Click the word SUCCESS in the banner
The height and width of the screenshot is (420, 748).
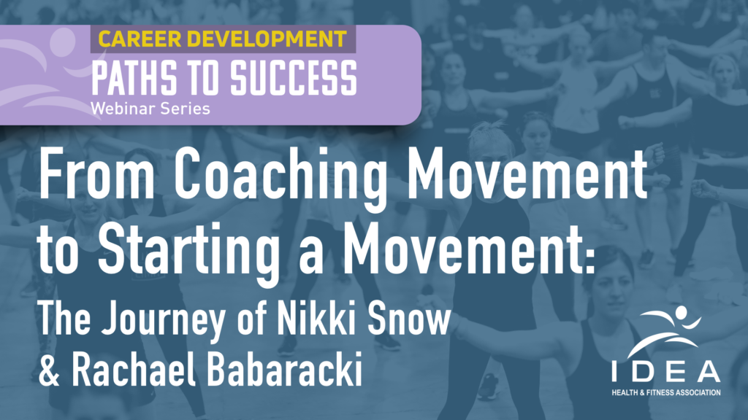pos(294,78)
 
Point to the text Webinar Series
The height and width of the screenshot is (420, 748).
pos(150,109)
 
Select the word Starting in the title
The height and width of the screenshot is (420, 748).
pos(189,249)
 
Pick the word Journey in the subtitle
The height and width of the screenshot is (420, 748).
pos(164,319)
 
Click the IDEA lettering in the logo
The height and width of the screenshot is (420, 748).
pos(666,371)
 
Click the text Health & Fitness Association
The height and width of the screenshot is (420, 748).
pos(666,393)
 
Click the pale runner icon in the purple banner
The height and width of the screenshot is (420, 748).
pos(46,71)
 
